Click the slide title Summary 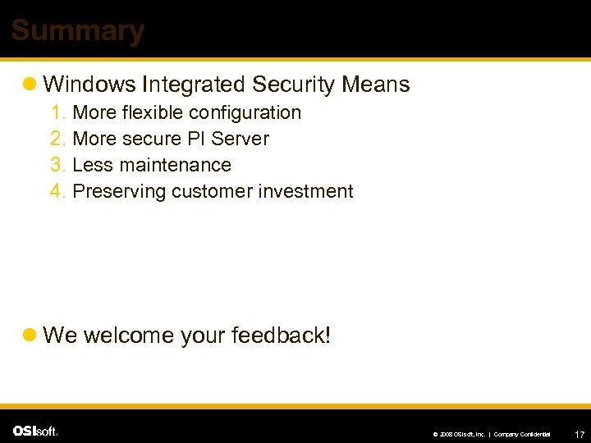77,31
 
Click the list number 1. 57,112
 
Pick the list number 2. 57,139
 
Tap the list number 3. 57,165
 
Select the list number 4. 57,191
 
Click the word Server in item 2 240,139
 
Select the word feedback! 281,335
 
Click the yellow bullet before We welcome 30,336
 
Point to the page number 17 580,433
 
